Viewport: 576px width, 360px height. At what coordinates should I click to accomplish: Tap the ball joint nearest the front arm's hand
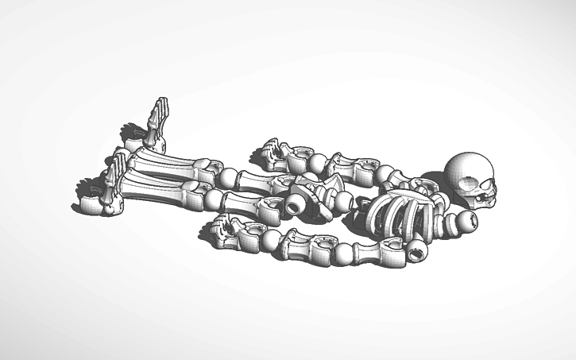point(269,242)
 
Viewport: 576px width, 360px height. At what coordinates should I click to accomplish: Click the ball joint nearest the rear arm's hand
point(318,165)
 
